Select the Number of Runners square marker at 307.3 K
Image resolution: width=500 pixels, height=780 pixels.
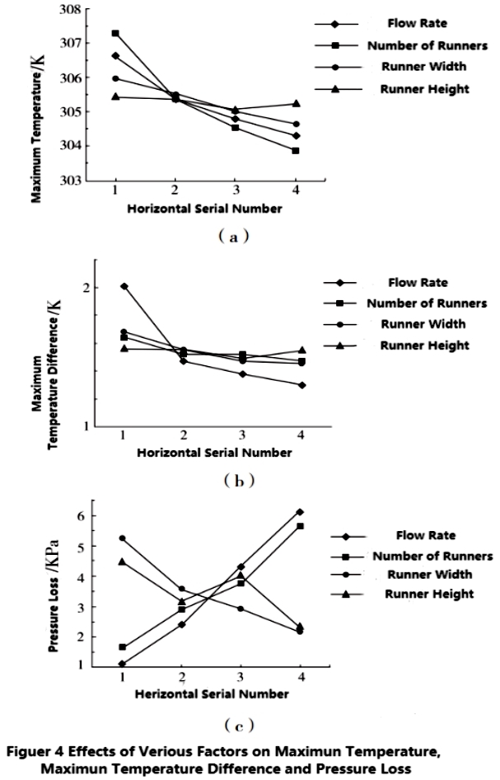pyautogui.click(x=115, y=33)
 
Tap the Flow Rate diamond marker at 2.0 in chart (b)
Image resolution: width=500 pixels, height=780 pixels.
pyautogui.click(x=124, y=286)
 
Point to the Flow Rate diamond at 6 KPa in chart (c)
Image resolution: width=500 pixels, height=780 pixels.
pyautogui.click(x=301, y=512)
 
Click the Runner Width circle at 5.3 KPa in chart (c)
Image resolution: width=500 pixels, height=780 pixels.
pyautogui.click(x=123, y=538)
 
